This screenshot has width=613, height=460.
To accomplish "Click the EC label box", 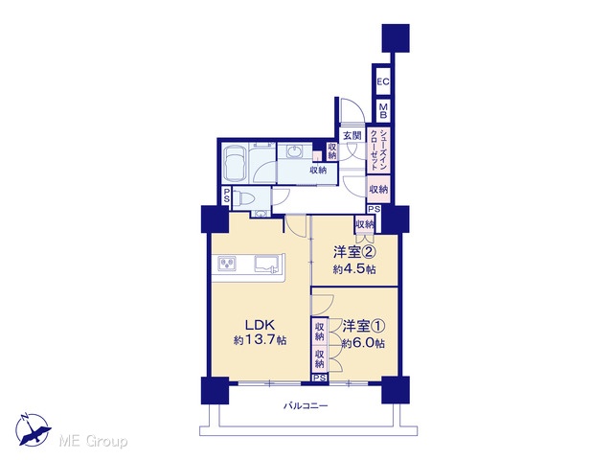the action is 383,81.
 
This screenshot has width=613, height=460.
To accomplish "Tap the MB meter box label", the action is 383,111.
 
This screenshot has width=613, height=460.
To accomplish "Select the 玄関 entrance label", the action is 352,136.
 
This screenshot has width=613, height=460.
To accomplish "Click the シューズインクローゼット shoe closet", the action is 378,150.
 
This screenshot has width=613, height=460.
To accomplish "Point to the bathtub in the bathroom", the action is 235,164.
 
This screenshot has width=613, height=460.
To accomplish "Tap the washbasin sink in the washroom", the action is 293,151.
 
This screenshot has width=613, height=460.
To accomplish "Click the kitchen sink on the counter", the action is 267,263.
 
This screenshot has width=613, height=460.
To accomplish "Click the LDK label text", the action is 260,325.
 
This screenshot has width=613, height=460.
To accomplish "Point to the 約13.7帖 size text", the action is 260,340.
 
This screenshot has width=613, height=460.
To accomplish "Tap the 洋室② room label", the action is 354,252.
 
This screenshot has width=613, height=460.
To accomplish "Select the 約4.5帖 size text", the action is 354,269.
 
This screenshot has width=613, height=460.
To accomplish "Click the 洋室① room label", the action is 364,326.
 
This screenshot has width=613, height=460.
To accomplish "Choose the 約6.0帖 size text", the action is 363,343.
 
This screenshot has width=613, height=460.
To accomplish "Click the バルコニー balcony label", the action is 306,405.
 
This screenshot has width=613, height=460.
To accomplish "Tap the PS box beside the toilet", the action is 226,195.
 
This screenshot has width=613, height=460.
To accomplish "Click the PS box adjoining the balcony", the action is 320,378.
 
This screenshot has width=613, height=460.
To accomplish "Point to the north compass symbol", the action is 33,429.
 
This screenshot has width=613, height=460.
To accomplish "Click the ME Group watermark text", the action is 93,442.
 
